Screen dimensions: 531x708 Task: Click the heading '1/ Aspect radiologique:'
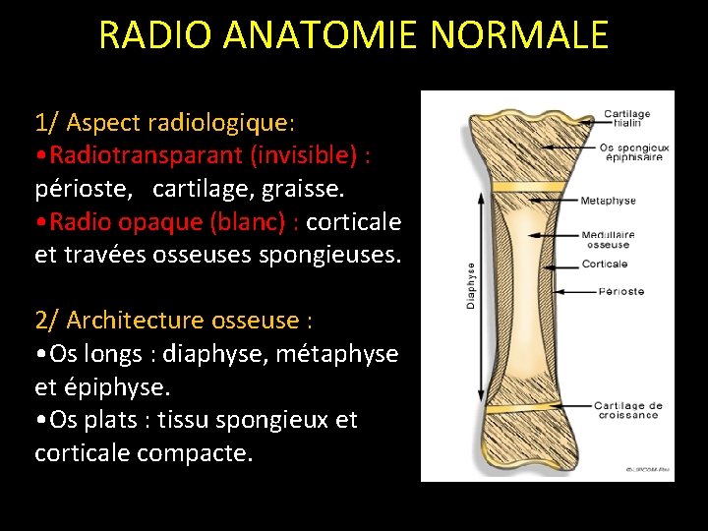tap(164, 123)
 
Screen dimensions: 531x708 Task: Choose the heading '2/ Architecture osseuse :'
tap(174, 321)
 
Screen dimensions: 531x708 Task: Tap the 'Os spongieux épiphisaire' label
tap(633, 152)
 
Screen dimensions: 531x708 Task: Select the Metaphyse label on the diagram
tap(608, 201)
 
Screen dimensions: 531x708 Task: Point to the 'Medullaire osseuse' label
tap(607, 240)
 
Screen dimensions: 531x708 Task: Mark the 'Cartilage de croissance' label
tap(627, 410)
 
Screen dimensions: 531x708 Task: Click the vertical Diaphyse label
tap(470, 286)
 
